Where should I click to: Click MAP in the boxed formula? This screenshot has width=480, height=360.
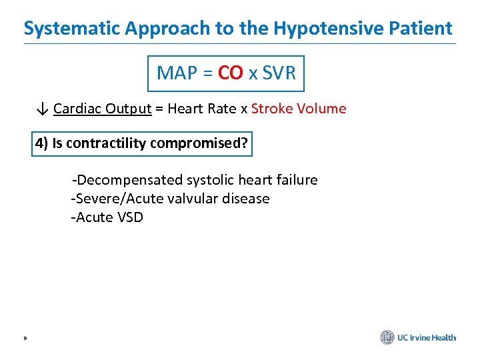[175, 73]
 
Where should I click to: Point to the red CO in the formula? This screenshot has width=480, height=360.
[231, 73]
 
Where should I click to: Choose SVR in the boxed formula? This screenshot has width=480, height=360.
[279, 73]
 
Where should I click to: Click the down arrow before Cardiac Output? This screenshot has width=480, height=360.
[42, 109]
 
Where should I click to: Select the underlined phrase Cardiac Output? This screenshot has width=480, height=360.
[103, 109]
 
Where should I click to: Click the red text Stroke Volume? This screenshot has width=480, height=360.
[299, 109]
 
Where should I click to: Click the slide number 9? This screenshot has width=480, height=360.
[25, 339]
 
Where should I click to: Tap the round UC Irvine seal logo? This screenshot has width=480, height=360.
[387, 337]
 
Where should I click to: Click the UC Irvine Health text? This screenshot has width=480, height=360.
[427, 337]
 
